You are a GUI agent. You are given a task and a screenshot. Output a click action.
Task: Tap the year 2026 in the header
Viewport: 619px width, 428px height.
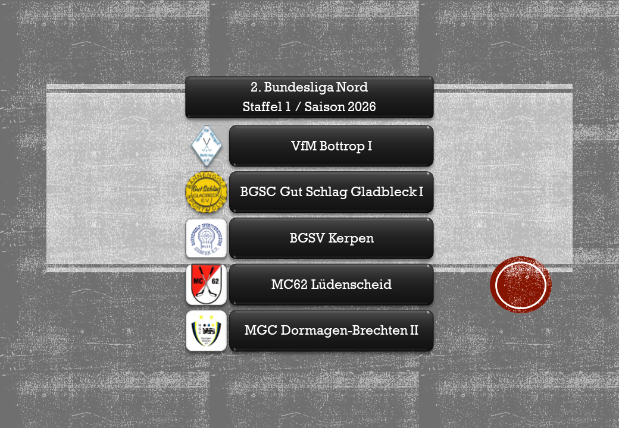click(358, 108)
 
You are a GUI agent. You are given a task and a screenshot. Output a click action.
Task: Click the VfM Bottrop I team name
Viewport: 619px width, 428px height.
click(332, 146)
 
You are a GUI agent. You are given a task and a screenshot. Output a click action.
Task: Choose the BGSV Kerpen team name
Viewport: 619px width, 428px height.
click(332, 238)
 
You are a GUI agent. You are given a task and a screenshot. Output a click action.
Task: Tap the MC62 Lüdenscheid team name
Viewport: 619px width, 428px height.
click(332, 285)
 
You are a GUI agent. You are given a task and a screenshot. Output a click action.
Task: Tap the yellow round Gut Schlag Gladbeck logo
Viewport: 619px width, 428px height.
click(206, 192)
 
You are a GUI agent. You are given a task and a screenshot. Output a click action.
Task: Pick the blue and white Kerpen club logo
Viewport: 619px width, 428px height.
click(206, 238)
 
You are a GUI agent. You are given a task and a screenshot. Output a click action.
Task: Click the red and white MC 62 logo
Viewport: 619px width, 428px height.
click(206, 285)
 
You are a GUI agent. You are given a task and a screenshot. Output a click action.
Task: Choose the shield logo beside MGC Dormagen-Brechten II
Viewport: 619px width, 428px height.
click(206, 331)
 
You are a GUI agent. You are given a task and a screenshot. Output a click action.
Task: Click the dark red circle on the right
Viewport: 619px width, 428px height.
click(521, 285)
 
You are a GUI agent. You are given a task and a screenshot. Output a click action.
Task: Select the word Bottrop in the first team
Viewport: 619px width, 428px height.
click(343, 146)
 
